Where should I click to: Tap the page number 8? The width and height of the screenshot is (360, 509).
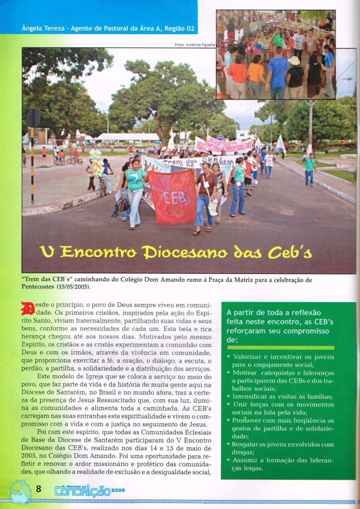coord(38,488)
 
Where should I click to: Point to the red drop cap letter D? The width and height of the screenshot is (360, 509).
coord(28,310)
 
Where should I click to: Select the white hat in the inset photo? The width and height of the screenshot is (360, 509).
coord(295,60)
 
